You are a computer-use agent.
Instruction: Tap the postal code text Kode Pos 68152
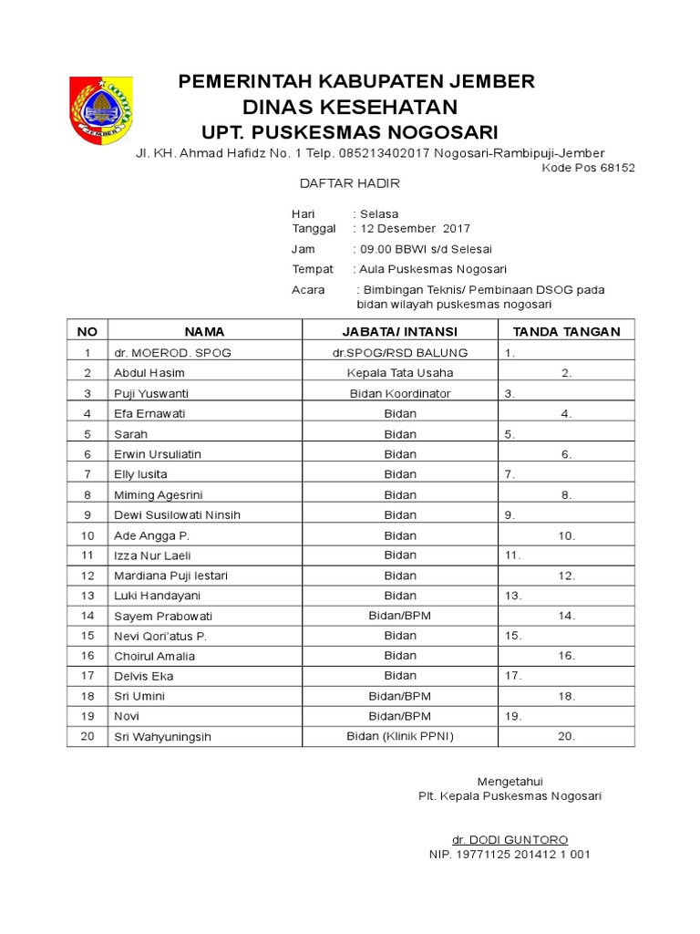point(588,168)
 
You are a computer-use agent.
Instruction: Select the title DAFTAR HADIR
point(350,183)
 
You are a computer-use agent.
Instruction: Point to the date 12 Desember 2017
point(416,229)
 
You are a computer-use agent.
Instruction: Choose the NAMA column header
point(204,331)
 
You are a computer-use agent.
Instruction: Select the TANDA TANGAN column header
point(566,331)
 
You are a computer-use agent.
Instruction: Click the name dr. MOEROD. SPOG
point(172,352)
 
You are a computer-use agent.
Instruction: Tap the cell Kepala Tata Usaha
point(400,372)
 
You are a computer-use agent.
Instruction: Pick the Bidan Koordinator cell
point(400,393)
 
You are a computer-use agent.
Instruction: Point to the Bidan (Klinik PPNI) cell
point(400,736)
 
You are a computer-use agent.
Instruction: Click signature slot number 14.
point(567,616)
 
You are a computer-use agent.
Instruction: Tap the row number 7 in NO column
point(87,474)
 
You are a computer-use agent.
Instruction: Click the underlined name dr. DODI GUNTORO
point(510,839)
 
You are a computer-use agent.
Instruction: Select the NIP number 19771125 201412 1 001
point(510,855)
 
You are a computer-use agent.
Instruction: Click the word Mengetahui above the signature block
point(510,781)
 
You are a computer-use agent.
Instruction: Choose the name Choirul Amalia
point(154,656)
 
